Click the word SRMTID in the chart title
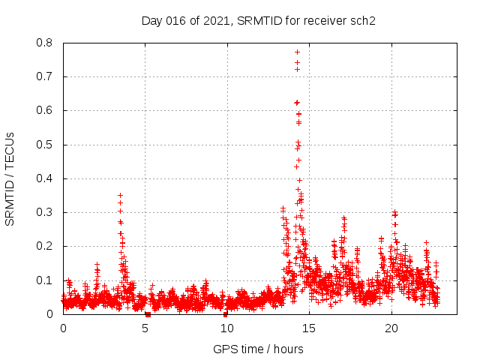tap(256, 20)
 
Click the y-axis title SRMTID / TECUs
tap(10, 178)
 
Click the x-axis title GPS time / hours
tap(258, 349)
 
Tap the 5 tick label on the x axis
tap(145, 328)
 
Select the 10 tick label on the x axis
tap(227, 328)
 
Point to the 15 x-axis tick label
tap(310, 328)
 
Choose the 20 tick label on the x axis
tap(391, 328)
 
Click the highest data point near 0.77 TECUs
tap(297, 52)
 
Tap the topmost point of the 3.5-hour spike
tap(120, 195)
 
